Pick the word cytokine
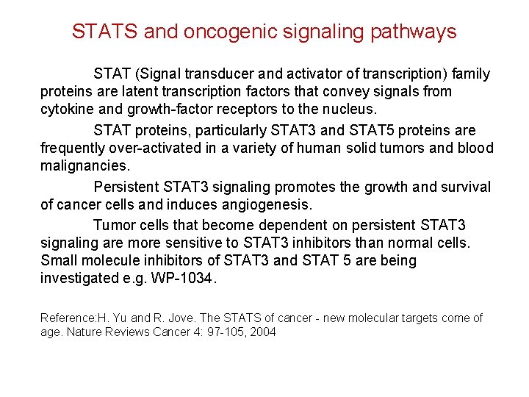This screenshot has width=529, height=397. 65,110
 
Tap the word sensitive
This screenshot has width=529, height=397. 207,243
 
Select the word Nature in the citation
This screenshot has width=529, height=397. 87,332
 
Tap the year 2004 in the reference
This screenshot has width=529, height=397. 262,332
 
